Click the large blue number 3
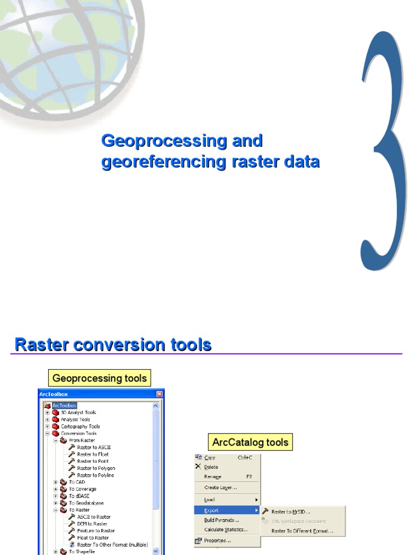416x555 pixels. click(383, 152)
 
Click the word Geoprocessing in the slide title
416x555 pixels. click(157, 141)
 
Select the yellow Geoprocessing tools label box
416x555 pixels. click(99, 378)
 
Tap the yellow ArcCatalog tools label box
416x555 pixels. click(250, 442)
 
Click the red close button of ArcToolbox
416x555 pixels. click(159, 394)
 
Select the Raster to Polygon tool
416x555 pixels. click(96, 468)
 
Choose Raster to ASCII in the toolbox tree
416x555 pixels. click(94, 447)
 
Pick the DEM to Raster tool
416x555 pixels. click(92, 524)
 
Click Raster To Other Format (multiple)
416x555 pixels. click(112, 545)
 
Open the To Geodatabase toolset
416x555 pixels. click(86, 503)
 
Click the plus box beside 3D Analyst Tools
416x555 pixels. click(47, 412)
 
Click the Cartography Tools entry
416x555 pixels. click(80, 427)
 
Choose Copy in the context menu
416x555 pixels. click(210, 458)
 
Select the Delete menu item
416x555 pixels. click(211, 467)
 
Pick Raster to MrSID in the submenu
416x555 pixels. click(290, 512)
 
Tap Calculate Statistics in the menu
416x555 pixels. click(226, 530)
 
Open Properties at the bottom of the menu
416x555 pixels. click(217, 540)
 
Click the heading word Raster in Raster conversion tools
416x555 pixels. click(43, 345)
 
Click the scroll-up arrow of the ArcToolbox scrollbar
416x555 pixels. click(156, 405)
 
